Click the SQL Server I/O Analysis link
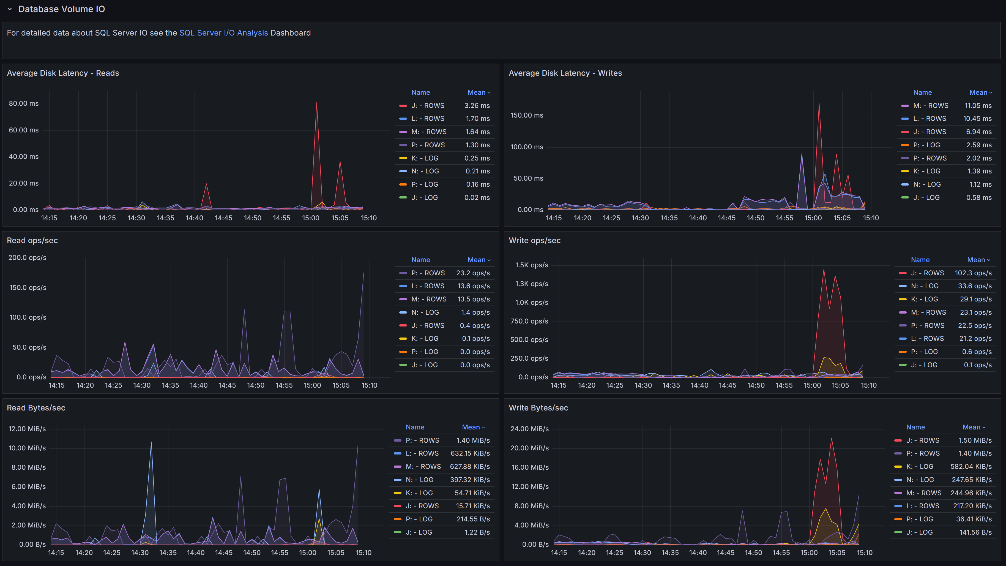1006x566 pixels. pos(223,33)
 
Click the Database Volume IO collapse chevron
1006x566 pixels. pos(10,9)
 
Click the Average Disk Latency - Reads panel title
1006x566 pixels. pos(63,73)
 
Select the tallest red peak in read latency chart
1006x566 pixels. pos(316,104)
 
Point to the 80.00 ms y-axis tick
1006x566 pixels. pos(23,104)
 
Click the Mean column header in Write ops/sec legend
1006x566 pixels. pos(978,260)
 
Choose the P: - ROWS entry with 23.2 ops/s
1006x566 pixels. pos(428,273)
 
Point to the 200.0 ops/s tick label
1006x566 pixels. pos(27,257)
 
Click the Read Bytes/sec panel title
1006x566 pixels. pos(36,408)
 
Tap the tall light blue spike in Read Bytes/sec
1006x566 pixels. pos(151,443)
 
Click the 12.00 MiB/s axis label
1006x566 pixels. pos(27,429)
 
